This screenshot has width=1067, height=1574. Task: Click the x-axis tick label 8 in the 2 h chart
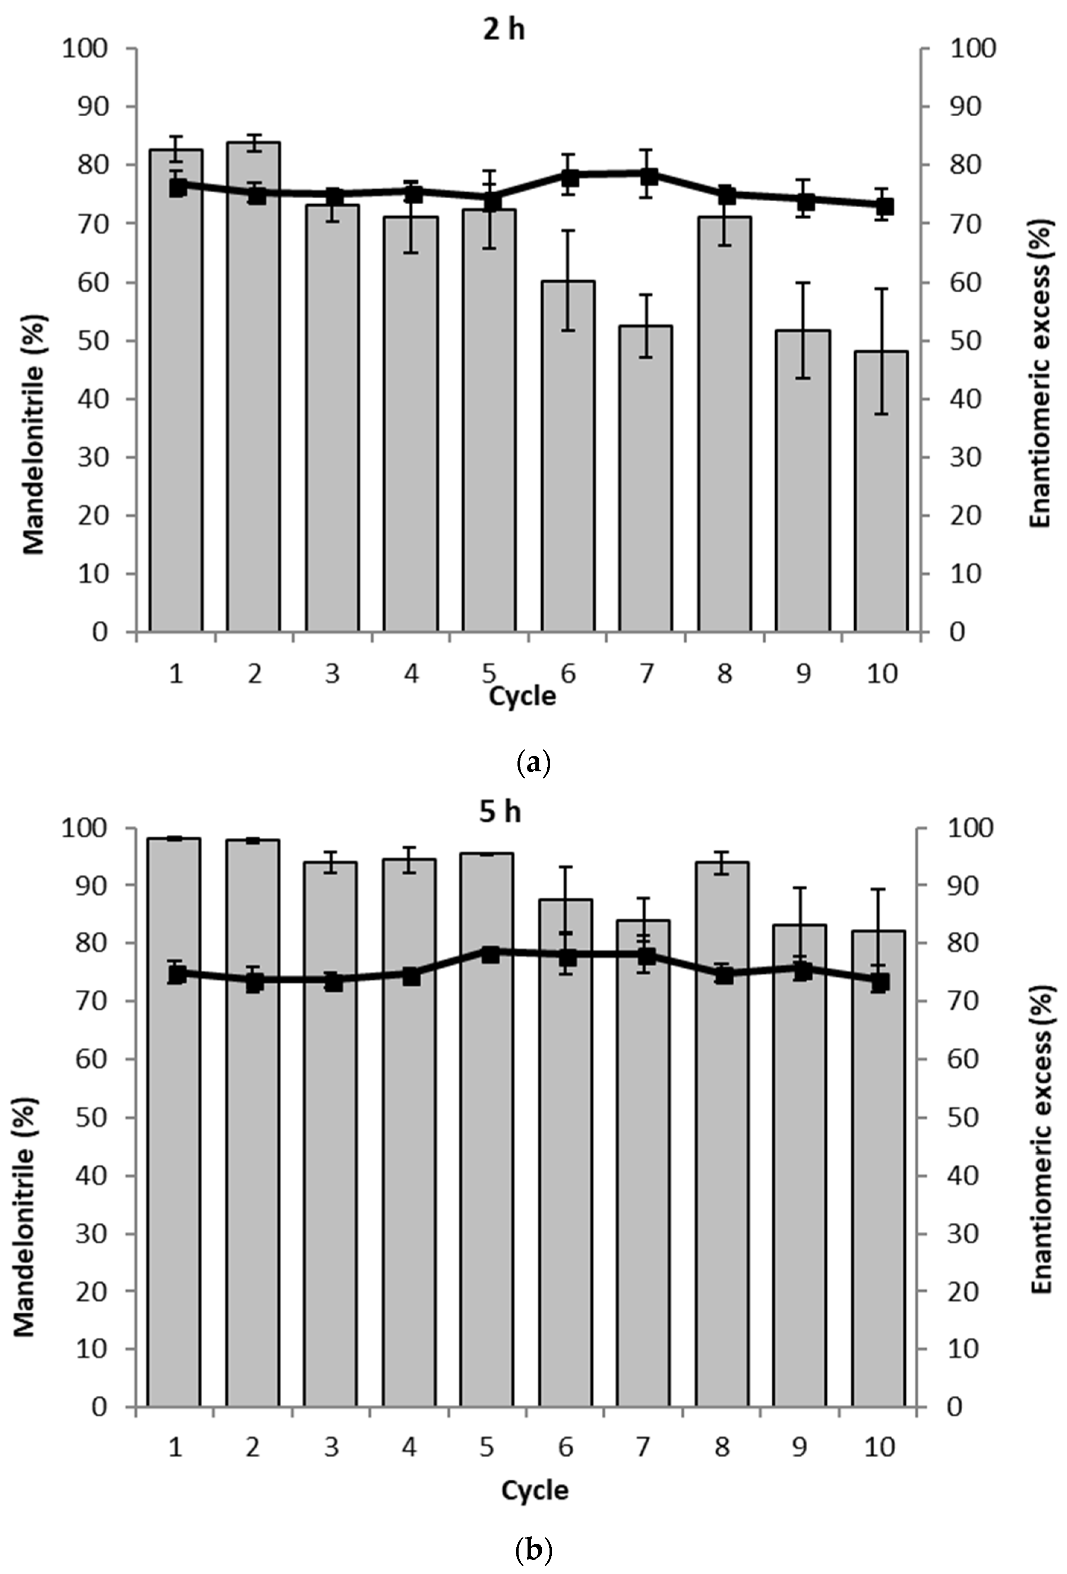tap(724, 674)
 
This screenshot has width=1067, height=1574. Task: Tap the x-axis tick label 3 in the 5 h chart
tap(331, 1447)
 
